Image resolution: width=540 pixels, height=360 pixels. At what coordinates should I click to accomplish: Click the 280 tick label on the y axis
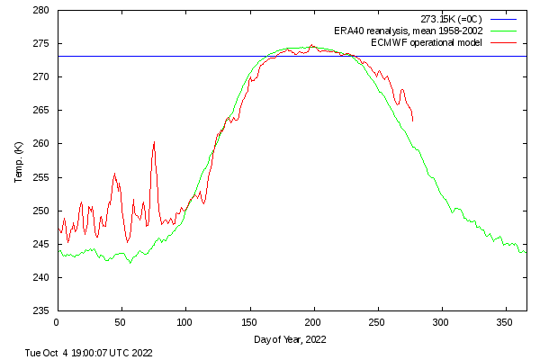coord(41,11)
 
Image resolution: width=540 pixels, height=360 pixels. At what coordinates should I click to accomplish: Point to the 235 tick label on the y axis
coord(41,311)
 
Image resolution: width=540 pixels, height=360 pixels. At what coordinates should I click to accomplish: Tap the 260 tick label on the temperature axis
coord(41,144)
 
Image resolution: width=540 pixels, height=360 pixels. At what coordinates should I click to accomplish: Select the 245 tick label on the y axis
coord(41,245)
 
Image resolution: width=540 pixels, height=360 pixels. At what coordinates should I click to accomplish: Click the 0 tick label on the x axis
coord(57,321)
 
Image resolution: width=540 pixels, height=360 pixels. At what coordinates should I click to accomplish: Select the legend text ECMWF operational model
coord(426,42)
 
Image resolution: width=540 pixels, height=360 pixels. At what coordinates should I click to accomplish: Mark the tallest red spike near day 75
coord(154,142)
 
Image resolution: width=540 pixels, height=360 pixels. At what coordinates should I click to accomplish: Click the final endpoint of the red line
coord(412,121)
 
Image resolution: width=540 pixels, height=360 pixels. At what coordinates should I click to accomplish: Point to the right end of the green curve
coord(526,251)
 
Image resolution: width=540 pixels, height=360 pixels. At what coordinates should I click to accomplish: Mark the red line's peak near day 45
coord(114,174)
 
